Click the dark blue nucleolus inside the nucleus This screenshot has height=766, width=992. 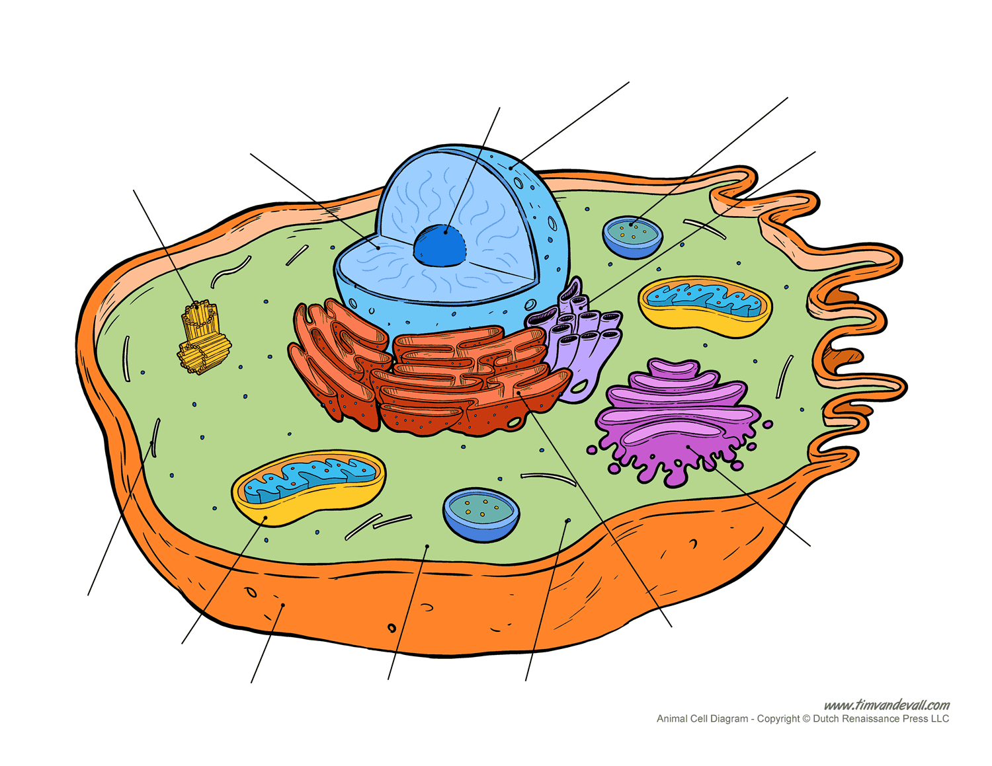440,245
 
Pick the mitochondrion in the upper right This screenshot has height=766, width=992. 705,305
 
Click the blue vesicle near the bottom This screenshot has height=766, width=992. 481,515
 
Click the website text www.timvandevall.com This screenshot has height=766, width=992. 887,705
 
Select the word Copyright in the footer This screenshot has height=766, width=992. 778,719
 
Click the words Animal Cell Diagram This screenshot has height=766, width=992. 702,719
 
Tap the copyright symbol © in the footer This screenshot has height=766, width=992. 806,719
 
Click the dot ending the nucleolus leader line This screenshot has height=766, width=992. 446,232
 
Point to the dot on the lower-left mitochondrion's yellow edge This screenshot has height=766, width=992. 266,517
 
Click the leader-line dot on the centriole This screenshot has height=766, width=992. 197,307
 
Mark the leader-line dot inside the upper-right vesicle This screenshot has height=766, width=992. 632,225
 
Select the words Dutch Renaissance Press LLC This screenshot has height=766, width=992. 881,719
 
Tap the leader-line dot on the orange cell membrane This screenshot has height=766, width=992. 283,605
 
